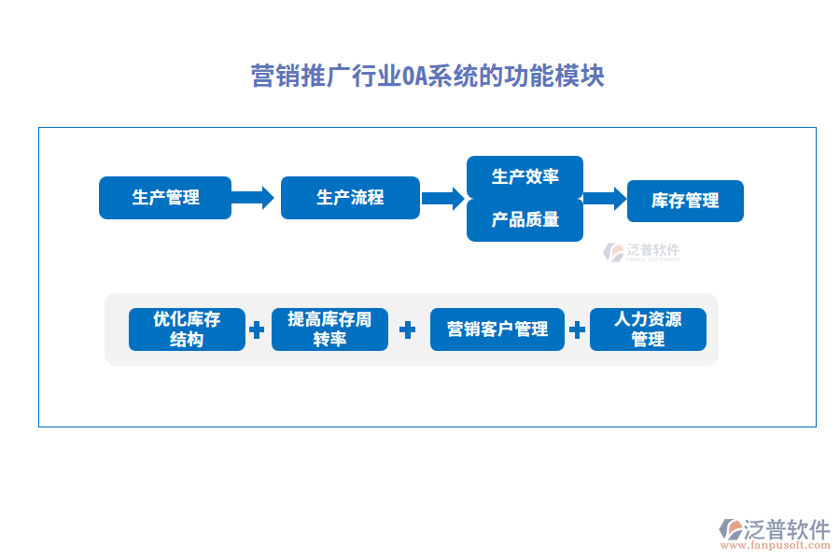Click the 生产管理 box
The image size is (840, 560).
(165, 198)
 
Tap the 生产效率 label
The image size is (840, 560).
(525, 176)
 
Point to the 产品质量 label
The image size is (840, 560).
(525, 220)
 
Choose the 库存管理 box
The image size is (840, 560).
(685, 201)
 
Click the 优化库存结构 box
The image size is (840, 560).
(187, 329)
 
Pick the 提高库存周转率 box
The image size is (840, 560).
(329, 329)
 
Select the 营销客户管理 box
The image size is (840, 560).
(497, 329)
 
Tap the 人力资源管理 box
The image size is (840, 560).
(648, 329)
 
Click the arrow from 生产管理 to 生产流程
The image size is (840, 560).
(253, 198)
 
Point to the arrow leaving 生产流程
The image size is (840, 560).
(442, 198)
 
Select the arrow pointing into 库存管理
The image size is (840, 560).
(604, 198)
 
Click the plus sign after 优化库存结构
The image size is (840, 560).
(257, 329)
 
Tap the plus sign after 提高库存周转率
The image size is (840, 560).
(407, 329)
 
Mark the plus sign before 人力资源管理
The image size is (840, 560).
(577, 329)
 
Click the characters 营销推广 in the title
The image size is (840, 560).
(301, 76)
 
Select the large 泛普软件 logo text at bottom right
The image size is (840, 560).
(787, 529)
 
